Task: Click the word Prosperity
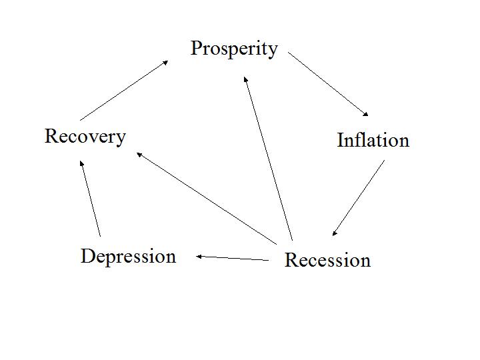click(x=234, y=49)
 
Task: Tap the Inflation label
click(x=373, y=140)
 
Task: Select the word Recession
click(x=327, y=259)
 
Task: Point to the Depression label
click(x=128, y=257)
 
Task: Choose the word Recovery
click(x=85, y=136)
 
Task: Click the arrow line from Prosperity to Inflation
click(x=328, y=84)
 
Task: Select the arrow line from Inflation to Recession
click(x=359, y=198)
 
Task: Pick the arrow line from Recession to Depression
click(x=233, y=258)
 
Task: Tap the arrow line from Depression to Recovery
click(x=90, y=198)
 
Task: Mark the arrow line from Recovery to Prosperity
click(x=124, y=90)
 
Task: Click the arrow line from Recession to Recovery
click(x=207, y=198)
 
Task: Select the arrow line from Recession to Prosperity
click(x=268, y=158)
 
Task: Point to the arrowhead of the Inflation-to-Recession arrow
click(x=335, y=232)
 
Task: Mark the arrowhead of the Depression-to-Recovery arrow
click(x=81, y=163)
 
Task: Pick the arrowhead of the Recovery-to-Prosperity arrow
click(x=165, y=62)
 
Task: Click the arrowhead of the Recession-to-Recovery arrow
click(x=139, y=155)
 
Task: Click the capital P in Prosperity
click(x=197, y=48)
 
